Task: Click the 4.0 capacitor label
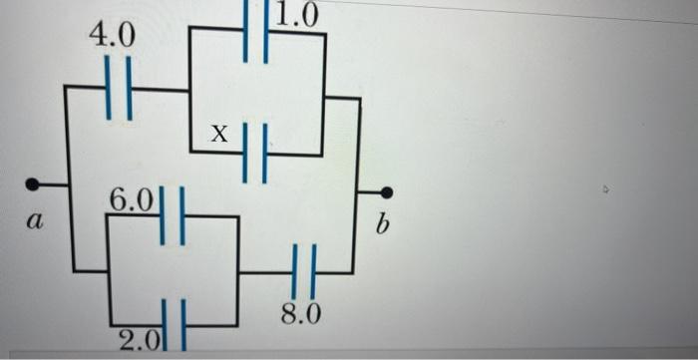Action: point(111,36)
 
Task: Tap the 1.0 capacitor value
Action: point(297,14)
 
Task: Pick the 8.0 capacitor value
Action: point(300,316)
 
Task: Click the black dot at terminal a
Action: point(33,184)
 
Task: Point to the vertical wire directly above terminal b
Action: point(360,140)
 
